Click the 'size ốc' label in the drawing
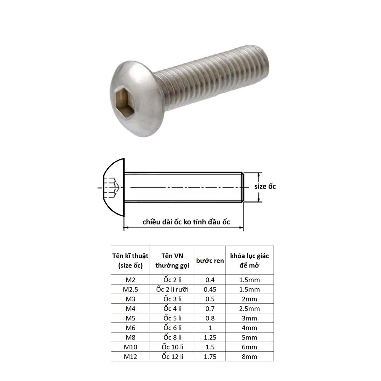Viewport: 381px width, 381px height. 265,186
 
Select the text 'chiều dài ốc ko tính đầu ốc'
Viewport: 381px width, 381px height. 187,222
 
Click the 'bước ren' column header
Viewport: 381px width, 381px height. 210,261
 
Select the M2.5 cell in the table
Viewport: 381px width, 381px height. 130,290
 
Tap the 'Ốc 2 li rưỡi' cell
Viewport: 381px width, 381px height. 173,290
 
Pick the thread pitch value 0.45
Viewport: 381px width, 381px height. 210,290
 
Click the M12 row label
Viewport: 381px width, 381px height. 130,357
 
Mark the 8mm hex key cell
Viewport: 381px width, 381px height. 249,357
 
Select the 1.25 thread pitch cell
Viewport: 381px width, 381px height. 210,338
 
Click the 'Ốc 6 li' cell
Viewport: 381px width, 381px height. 173,328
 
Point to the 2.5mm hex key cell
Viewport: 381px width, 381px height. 249,309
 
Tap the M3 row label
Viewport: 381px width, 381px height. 130,299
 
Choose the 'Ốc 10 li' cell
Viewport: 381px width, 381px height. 173,347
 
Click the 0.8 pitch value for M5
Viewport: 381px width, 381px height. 210,318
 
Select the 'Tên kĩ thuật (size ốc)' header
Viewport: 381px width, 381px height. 130,261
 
